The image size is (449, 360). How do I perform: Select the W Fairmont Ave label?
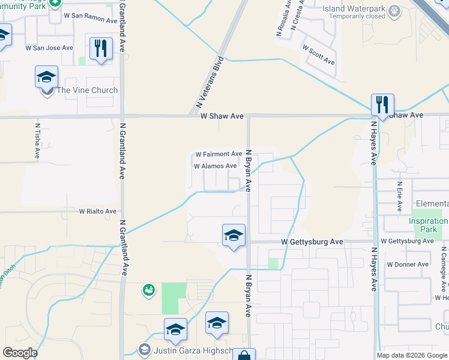tap(218, 154)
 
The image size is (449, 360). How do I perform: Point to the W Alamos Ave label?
tap(215, 166)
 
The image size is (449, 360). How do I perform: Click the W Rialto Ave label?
tap(98, 211)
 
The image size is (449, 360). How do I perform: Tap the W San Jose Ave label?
tap(49, 47)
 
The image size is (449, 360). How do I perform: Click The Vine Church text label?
tap(87, 91)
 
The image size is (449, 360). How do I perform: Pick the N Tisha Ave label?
tap(38, 141)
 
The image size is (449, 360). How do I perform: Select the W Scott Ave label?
tap(319, 55)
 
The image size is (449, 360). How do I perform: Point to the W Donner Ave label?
tap(408, 264)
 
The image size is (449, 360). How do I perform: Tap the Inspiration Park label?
tap(428, 225)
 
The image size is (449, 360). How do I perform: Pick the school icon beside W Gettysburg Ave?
tap(234, 235)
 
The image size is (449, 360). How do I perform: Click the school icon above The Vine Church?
tap(46, 77)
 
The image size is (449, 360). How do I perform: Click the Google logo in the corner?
tap(20, 353)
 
